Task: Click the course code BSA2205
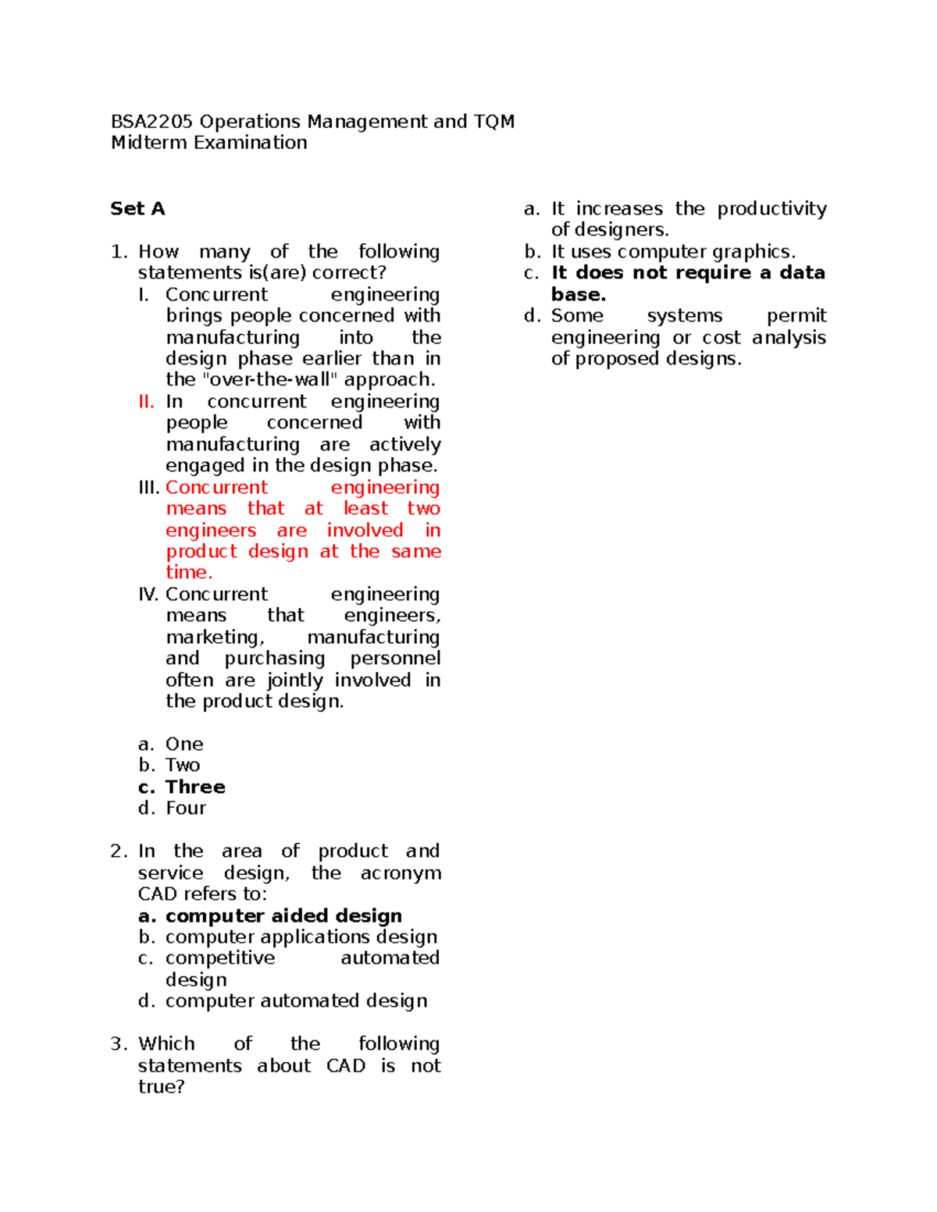point(151,122)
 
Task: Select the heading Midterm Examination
point(208,143)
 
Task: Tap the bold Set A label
point(137,208)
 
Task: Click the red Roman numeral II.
point(146,401)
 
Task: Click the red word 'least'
point(365,509)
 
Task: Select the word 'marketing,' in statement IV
point(215,638)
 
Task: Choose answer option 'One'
point(184,744)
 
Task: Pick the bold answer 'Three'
point(195,787)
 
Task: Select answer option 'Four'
point(186,809)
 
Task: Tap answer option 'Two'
point(183,766)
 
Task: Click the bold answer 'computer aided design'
point(283,915)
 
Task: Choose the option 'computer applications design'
point(301,937)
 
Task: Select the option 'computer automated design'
point(296,1001)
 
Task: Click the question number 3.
point(118,1044)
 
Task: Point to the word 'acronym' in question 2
point(400,873)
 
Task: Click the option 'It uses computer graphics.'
point(673,252)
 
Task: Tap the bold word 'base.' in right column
point(579,295)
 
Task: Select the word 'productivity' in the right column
point(771,209)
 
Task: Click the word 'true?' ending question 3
point(161,1087)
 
